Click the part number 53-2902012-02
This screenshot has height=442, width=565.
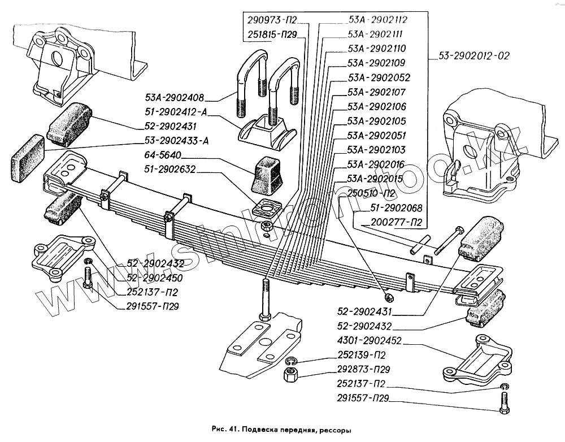point(473,56)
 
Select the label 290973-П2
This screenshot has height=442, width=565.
point(272,20)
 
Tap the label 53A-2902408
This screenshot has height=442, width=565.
point(174,97)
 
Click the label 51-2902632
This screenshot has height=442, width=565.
point(171,168)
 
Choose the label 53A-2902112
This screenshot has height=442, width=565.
point(378,20)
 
